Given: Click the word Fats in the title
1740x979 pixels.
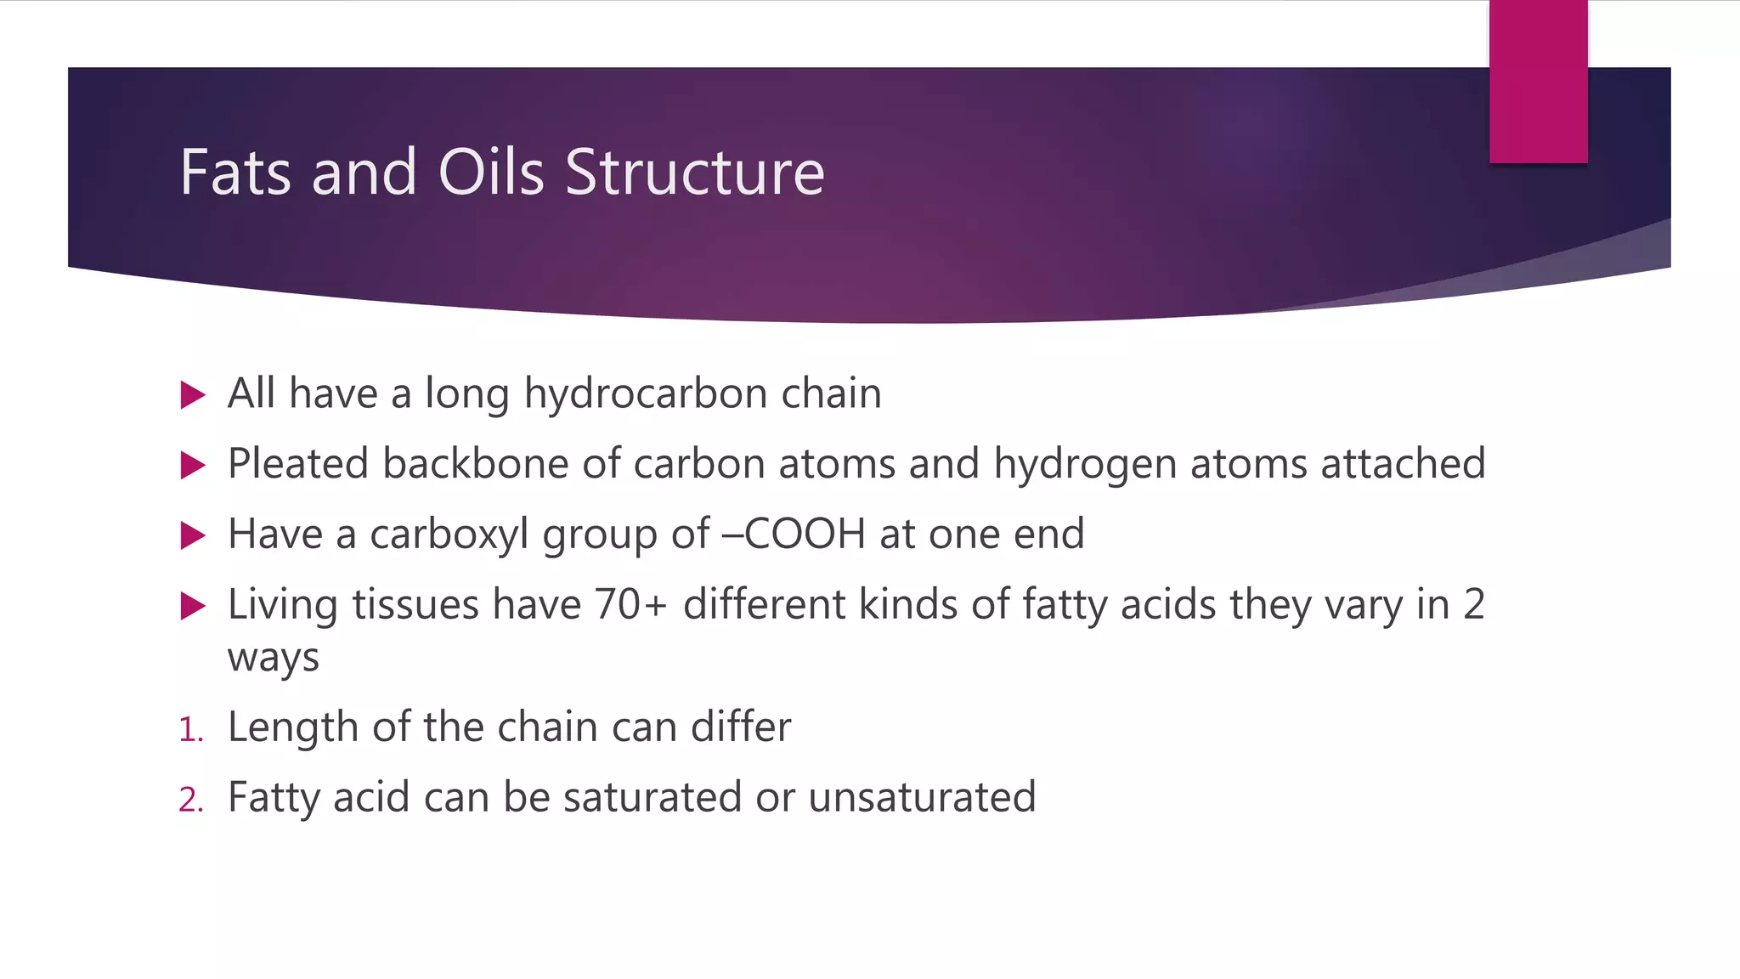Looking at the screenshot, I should tap(235, 173).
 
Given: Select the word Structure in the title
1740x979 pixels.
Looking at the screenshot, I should tap(694, 173).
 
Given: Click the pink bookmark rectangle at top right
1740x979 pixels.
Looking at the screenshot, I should tap(1538, 82).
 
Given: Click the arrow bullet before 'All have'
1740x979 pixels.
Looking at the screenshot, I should tap(194, 395).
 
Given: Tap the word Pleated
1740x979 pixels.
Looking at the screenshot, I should tap(298, 465).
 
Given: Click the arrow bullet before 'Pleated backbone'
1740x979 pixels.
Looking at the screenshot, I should tap(194, 466).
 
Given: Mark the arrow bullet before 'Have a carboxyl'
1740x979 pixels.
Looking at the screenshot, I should tap(194, 536).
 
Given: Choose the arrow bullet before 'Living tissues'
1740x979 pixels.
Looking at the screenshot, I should tap(194, 607).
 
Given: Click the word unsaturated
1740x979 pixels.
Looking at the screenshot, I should tap(922, 798).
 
